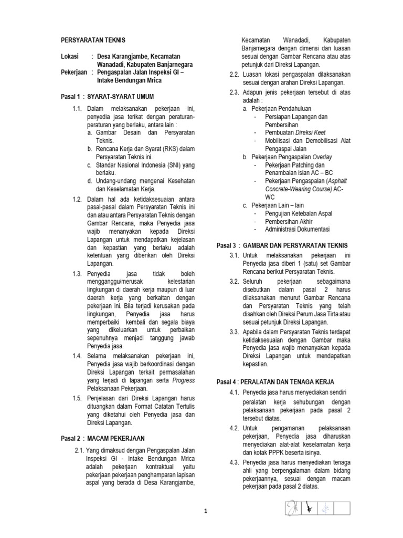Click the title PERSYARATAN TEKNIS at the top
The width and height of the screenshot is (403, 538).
[x=93, y=40]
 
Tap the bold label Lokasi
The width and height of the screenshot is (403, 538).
[x=69, y=56]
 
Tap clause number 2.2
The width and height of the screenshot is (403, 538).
[x=234, y=74]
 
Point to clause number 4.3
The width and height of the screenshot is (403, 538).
[x=234, y=462]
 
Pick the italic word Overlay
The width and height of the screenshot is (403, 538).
[x=322, y=157]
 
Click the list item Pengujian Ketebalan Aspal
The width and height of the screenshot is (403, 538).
[x=299, y=213]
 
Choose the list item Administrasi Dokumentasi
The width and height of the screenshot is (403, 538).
[x=298, y=229]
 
